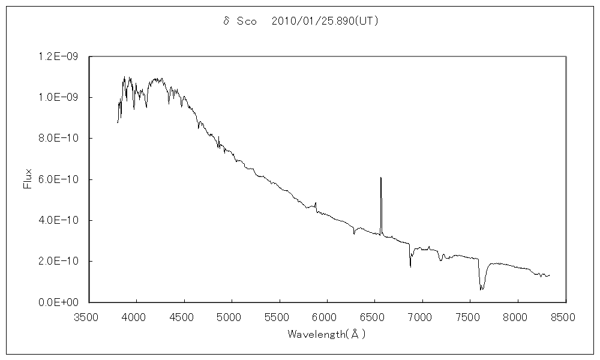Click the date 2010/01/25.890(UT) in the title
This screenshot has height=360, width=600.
[x=325, y=21]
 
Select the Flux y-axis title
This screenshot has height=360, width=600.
[x=27, y=179]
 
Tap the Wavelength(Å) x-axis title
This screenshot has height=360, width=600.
[x=326, y=334]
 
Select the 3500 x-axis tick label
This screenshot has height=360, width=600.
[x=89, y=314]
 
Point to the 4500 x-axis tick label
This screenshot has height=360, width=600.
[x=184, y=314]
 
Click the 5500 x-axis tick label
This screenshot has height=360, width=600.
[x=280, y=314]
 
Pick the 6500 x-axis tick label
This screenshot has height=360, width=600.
[x=375, y=314]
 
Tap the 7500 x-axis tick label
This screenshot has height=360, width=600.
[x=470, y=314]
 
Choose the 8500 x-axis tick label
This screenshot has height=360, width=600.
[x=566, y=314]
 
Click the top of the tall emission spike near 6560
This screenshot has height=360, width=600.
[x=381, y=178]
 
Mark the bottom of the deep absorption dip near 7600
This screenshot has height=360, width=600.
[x=481, y=290]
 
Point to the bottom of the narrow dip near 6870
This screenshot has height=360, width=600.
[x=410, y=266]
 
